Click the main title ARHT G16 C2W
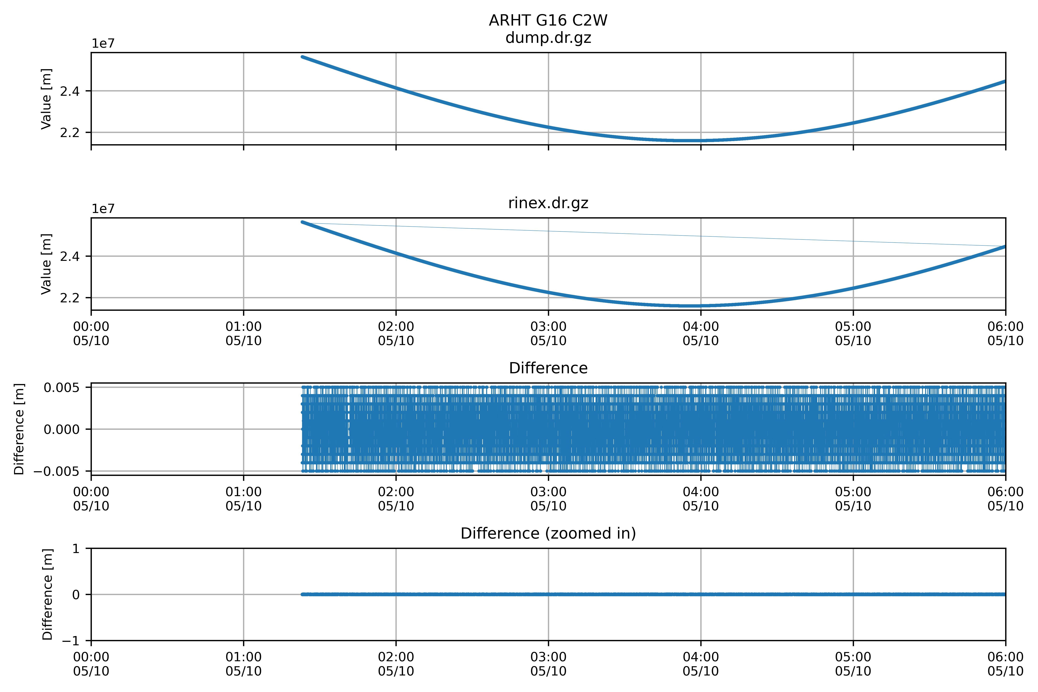point(548,20)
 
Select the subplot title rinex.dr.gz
point(548,203)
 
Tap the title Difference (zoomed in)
point(548,534)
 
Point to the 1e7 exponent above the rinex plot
point(103,209)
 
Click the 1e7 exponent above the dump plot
point(103,44)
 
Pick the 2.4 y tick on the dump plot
point(70,91)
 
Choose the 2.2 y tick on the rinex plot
point(70,298)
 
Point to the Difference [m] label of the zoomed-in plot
point(47,595)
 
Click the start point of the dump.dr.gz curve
point(302,57)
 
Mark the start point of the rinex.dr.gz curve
point(302,222)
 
